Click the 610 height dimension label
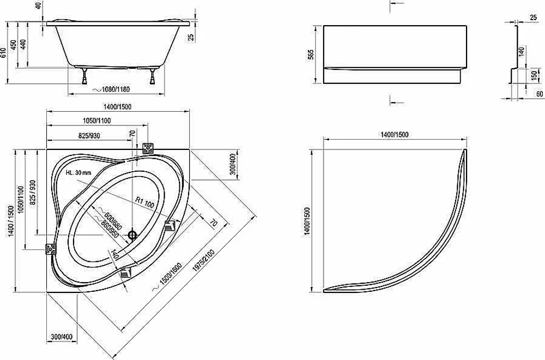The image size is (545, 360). coord(3,52)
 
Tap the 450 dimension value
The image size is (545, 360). coord(13,45)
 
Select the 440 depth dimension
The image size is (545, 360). coord(23,45)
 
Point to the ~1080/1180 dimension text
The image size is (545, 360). coord(111,89)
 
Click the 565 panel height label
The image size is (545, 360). coord(311,54)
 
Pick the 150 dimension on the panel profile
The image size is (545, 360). coord(534,76)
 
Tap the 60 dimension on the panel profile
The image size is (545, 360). coord(540,94)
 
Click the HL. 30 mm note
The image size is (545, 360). coord(78,172)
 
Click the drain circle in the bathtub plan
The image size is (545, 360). coord(132,235)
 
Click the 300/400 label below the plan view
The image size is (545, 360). coord(62,337)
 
